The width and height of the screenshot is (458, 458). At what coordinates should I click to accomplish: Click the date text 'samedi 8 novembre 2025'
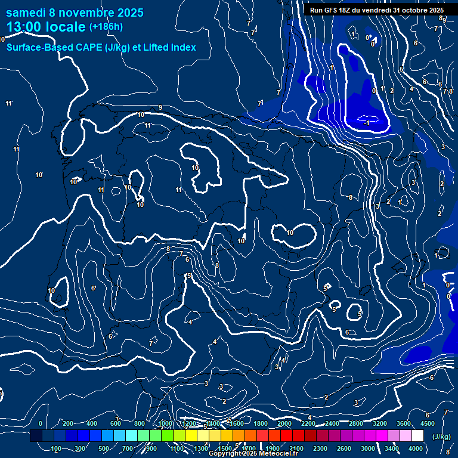pos(75,13)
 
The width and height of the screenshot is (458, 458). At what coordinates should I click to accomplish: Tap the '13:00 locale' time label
pos(47,27)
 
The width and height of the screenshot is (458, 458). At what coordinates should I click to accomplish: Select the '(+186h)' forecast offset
pos(106,27)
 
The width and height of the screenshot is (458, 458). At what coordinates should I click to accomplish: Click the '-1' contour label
pos(367,122)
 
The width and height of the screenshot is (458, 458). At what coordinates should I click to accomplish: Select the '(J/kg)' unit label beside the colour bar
pos(441,437)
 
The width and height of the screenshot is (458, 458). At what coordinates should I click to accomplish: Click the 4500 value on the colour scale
pos(428,423)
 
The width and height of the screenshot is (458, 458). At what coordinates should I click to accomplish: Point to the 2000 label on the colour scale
pos(284,423)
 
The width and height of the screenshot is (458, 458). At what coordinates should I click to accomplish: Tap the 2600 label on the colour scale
pos(345,448)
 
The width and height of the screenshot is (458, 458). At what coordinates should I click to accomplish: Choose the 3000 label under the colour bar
pos(369,448)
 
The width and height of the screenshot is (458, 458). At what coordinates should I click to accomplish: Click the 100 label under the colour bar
pos(57,448)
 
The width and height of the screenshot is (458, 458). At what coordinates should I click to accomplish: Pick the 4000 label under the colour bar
pos(416,448)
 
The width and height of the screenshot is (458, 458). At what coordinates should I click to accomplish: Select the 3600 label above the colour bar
pos(404,423)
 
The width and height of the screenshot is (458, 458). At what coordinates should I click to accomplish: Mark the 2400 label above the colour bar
pos(332,423)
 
